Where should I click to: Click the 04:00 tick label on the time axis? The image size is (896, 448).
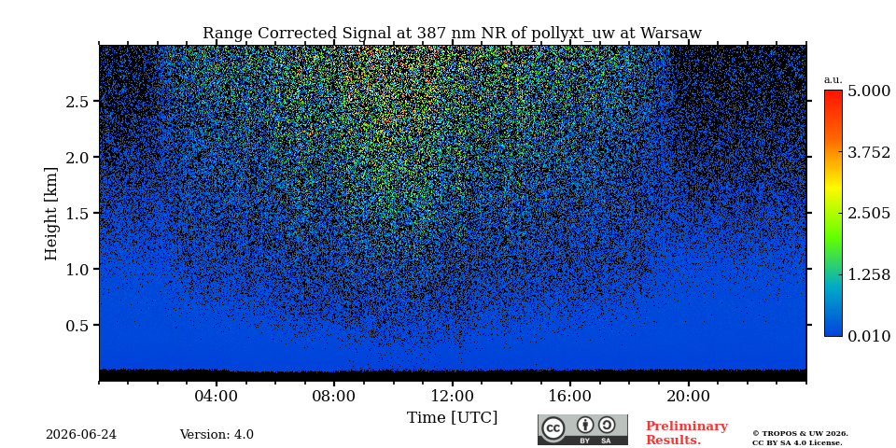click(x=217, y=396)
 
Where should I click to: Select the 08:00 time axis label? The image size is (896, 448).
click(x=334, y=396)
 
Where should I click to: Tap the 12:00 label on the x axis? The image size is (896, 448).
click(x=453, y=396)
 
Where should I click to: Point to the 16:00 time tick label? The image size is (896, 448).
click(x=570, y=396)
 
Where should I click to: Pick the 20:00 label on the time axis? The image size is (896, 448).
click(x=688, y=396)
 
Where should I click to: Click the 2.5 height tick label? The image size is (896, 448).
click(x=77, y=102)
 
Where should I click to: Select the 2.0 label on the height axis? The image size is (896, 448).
click(x=77, y=157)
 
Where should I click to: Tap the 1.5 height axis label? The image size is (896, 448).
click(x=77, y=213)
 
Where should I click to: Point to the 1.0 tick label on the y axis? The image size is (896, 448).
click(x=77, y=269)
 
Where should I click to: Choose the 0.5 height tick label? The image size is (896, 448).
click(x=77, y=325)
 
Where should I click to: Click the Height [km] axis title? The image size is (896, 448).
click(x=51, y=214)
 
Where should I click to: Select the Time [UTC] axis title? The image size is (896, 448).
click(x=452, y=418)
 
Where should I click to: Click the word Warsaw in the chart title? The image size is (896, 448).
click(x=671, y=34)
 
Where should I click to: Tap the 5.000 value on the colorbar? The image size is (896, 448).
click(x=869, y=91)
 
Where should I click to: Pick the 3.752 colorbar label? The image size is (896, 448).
click(x=869, y=152)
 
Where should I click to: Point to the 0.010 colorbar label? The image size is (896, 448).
click(x=869, y=336)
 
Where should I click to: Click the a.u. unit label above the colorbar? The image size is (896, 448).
click(x=833, y=80)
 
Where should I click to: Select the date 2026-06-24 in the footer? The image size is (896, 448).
click(x=81, y=435)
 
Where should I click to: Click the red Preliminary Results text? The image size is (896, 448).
click(x=686, y=433)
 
